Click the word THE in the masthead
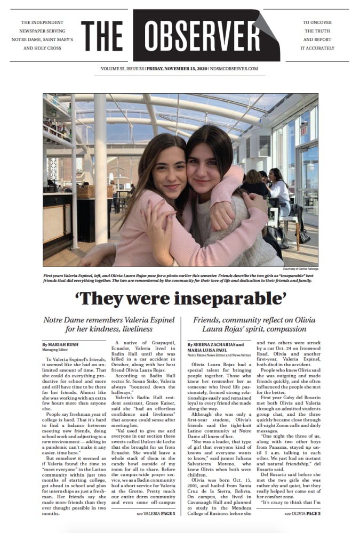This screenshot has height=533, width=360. click(x=103, y=37)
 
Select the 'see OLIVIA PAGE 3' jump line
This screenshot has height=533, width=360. click(x=302, y=498)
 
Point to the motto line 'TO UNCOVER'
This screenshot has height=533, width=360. click(x=317, y=23)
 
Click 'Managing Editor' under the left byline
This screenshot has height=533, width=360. click(x=57, y=350)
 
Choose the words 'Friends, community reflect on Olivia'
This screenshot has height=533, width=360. click(x=254, y=320)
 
